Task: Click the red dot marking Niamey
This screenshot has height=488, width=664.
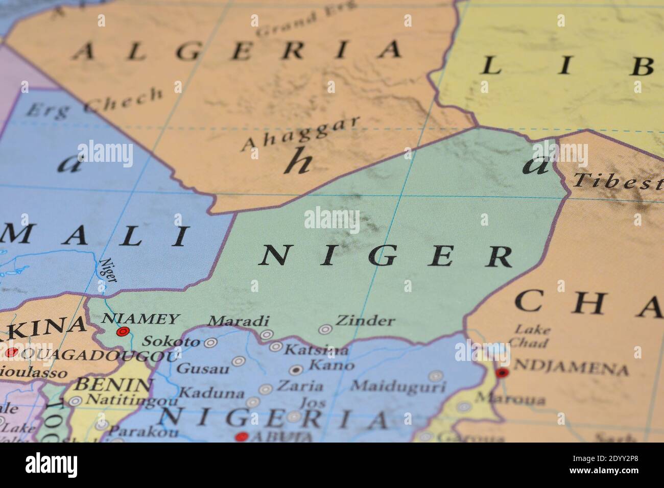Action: point(122,332)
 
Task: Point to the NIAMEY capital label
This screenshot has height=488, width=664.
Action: point(141,319)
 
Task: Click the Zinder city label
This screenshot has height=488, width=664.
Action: point(365,321)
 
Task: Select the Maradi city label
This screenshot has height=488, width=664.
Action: point(239,321)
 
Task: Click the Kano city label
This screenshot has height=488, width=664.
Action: point(332,365)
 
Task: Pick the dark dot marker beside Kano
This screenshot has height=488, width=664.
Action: point(296,370)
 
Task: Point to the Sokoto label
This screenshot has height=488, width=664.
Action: point(171,341)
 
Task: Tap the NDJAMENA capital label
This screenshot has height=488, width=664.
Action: point(570,368)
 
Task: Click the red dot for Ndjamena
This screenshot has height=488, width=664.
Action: point(503,373)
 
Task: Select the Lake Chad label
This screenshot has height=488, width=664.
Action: point(532,336)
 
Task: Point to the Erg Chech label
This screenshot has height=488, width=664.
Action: point(95,103)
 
